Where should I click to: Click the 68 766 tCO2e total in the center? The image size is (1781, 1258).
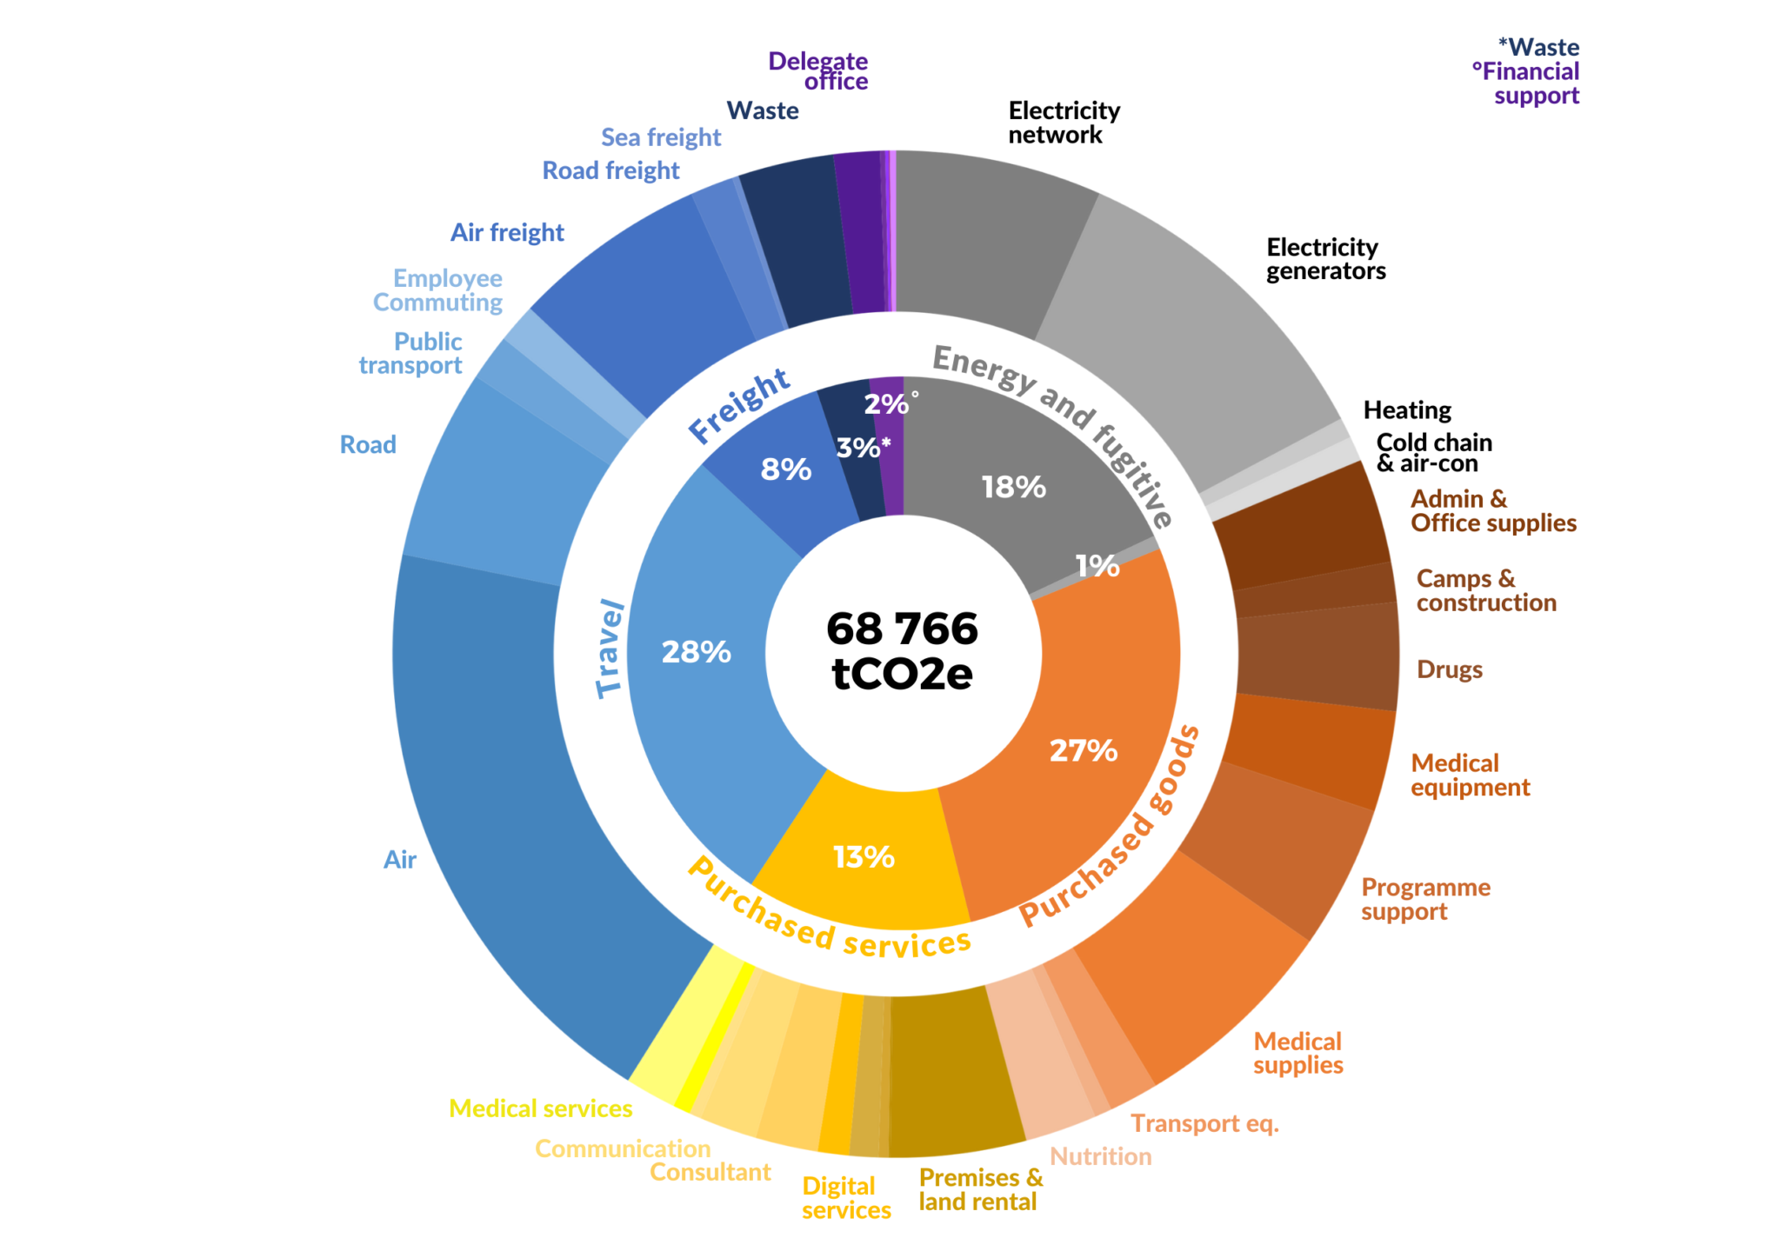point(902,651)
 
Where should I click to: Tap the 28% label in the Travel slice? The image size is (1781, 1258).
point(696,652)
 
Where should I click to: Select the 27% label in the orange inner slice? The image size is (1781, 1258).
point(1083,750)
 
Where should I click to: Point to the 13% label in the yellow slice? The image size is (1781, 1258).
point(864,857)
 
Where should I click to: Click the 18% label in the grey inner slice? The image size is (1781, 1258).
point(1013,487)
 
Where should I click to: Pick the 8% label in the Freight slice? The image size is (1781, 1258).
point(785,469)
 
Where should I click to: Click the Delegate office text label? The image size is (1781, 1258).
point(818,71)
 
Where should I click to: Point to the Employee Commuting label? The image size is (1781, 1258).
point(438,290)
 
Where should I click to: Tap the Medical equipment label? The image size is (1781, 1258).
point(1470,775)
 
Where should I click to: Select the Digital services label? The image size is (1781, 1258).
point(845,1198)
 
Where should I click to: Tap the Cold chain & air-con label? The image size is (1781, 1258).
point(1433,453)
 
